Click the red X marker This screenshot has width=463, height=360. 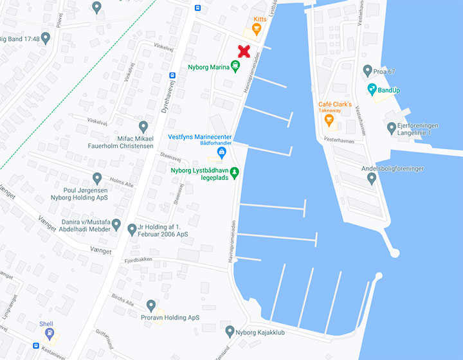tap(244, 51)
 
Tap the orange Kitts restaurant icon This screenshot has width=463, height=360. tap(257, 30)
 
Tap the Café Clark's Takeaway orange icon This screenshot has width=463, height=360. tap(329, 120)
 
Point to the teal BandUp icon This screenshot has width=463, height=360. tap(372, 89)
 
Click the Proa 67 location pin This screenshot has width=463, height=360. tap(367, 70)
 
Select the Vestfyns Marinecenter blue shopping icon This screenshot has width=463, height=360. tap(222, 152)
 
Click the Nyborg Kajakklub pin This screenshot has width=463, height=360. tap(230, 331)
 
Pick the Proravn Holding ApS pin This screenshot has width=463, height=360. tap(151, 305)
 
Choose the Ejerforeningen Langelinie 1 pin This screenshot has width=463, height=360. tap(392, 128)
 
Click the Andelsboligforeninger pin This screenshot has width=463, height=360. tap(371, 178)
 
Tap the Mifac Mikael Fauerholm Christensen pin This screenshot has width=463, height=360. tap(143, 127)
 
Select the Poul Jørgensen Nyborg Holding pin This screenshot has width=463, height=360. tap(97, 178)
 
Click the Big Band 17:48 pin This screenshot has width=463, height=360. tap(45, 38)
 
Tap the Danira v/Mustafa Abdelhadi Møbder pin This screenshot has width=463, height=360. tap(116, 225)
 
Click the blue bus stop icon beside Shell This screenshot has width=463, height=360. tap(36, 345)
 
